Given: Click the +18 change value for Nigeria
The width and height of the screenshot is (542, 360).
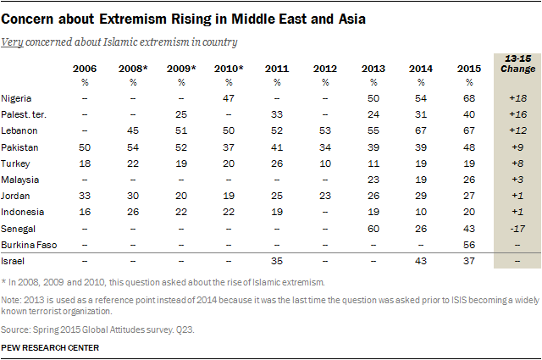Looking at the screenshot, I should coord(515,99).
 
